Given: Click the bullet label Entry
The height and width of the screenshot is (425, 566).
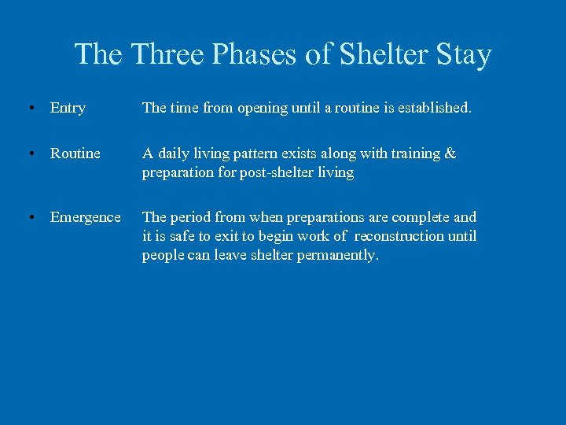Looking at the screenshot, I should pos(68,108).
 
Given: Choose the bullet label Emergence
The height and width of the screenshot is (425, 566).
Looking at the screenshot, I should pos(86,217).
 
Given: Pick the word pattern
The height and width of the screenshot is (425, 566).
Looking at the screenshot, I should pos(259,153).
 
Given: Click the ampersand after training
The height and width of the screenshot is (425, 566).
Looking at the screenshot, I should pos(450,153).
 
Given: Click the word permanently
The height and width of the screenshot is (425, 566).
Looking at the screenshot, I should pos(338,255).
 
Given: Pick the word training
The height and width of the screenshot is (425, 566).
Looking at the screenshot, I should pos(413,153).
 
